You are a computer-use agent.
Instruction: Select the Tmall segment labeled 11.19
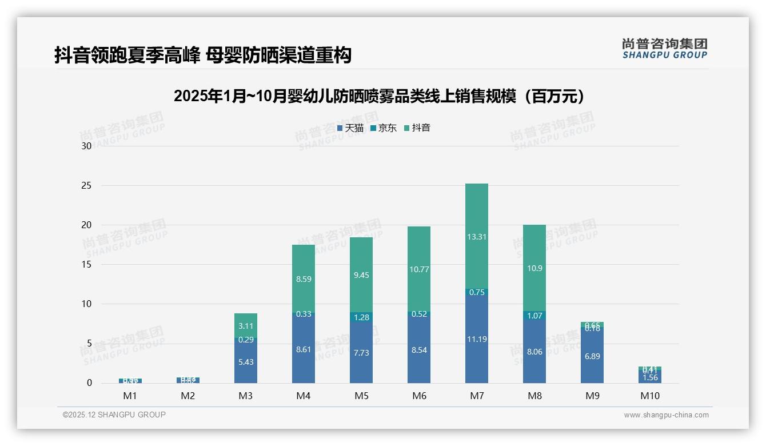pos(477,339)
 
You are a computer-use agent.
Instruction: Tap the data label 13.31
pos(477,237)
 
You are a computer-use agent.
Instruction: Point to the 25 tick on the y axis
pos(86,186)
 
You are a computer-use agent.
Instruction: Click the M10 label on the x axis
pos(649,396)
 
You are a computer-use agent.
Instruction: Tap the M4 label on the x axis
pos(304,396)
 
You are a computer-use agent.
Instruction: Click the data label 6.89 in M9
pos(592,356)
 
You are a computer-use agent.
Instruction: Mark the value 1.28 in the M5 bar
pos(361,317)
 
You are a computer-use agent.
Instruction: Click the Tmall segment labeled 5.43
pos(246,362)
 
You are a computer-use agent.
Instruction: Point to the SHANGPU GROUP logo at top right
pos(664,49)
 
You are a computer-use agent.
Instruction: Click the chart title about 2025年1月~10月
pos(380,96)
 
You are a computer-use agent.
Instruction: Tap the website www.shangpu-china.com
pos(666,415)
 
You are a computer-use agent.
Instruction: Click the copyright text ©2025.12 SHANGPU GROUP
pos(114,415)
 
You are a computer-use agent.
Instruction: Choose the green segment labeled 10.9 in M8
pos(534,268)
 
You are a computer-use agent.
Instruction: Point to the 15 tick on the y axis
pos(86,265)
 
